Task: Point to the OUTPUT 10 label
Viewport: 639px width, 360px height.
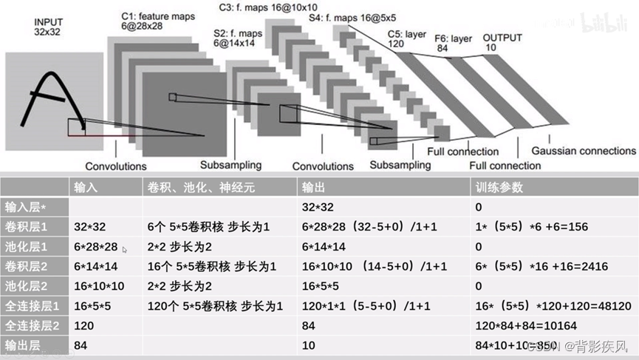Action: tap(502, 42)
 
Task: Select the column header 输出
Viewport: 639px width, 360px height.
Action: tap(311, 188)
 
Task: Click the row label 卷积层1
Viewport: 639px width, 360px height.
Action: tap(27, 227)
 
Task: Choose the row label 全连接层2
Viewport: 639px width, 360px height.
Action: tap(31, 325)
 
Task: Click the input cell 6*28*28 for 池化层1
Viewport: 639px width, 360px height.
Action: tap(96, 247)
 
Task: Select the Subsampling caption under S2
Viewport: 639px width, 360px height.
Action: tap(233, 165)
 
